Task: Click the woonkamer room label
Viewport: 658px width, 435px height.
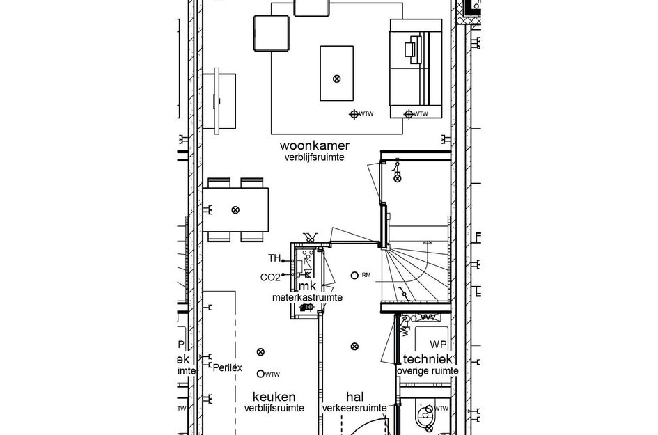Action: click(314, 145)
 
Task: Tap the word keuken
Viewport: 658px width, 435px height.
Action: click(274, 396)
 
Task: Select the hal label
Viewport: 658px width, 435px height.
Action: click(354, 396)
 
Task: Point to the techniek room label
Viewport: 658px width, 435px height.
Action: click(429, 359)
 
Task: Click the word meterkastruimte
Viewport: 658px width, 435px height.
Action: click(306, 297)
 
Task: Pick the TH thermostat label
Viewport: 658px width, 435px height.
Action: click(274, 259)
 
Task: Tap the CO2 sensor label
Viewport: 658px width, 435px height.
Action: click(269, 277)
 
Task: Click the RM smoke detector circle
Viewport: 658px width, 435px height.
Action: click(354, 276)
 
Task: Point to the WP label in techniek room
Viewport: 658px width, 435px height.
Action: click(438, 345)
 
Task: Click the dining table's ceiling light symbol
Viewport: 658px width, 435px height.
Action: click(235, 209)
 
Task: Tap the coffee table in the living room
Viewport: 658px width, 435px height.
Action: click(337, 74)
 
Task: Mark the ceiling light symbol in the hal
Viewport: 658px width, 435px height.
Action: click(354, 346)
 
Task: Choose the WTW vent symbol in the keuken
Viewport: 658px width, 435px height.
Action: click(261, 374)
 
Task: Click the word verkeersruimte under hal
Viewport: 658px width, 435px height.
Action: click(354, 409)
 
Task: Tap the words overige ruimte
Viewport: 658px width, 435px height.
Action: click(428, 372)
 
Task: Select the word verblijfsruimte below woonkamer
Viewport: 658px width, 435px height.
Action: click(314, 158)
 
